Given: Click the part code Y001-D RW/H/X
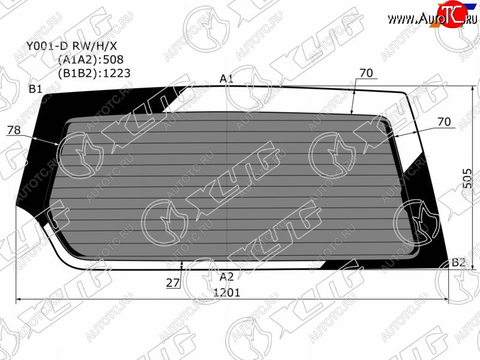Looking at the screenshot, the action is [x=71, y=46].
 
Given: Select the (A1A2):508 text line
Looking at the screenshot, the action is [x=91, y=59].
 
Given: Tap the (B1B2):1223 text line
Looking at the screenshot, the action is [x=94, y=73].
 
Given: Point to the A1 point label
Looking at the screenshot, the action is [x=227, y=79].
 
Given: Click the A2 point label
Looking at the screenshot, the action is [x=227, y=277].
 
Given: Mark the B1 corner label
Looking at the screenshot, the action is [x=35, y=89].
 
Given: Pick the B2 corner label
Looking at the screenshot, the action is [x=459, y=262].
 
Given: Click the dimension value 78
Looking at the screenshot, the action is [x=14, y=130].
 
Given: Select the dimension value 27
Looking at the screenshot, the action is [x=173, y=283].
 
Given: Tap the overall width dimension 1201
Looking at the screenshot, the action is [x=227, y=293].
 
